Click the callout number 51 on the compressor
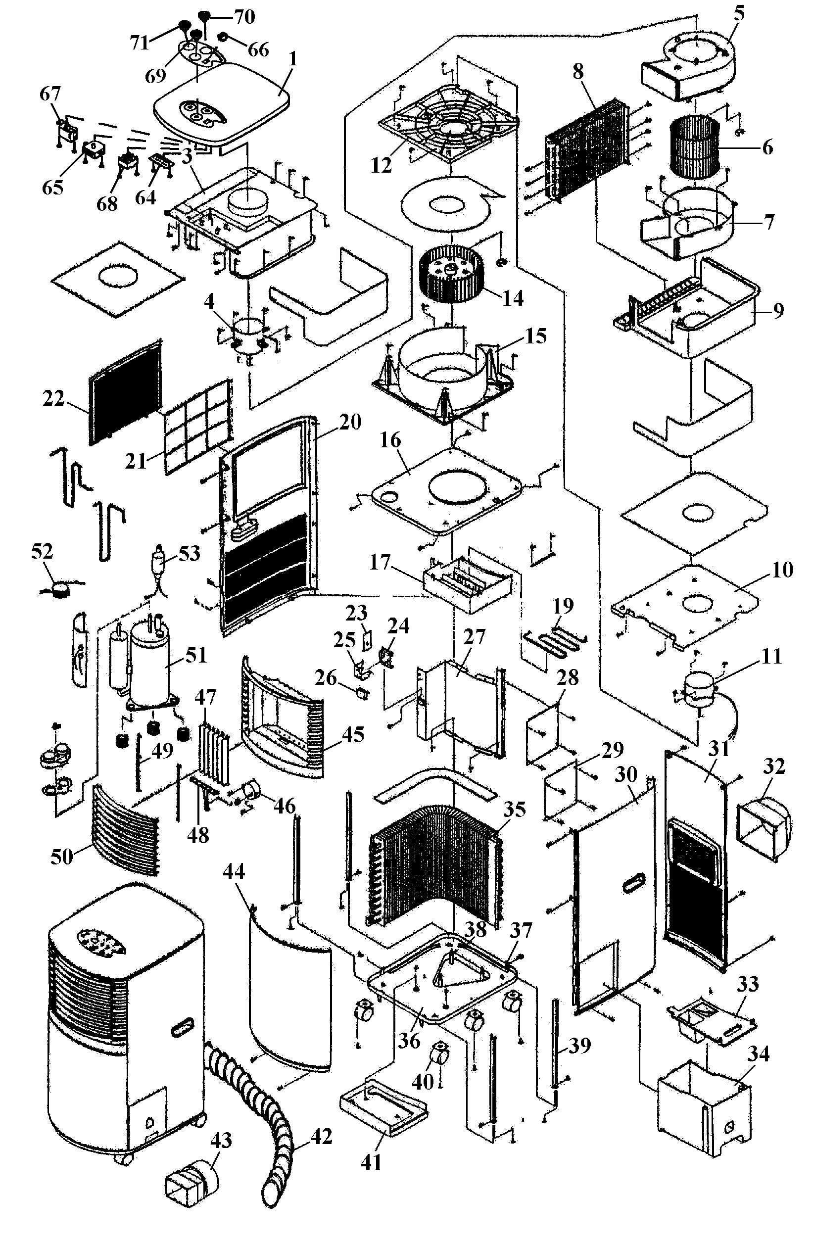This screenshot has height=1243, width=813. [x=196, y=656]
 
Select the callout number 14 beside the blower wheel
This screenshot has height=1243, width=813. [x=513, y=298]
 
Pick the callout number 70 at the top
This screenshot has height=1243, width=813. [x=244, y=17]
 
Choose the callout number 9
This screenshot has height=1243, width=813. [x=778, y=310]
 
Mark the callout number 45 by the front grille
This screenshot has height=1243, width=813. [x=352, y=734]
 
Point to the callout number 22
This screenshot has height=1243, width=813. [x=53, y=398]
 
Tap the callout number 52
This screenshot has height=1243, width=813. [x=42, y=551]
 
